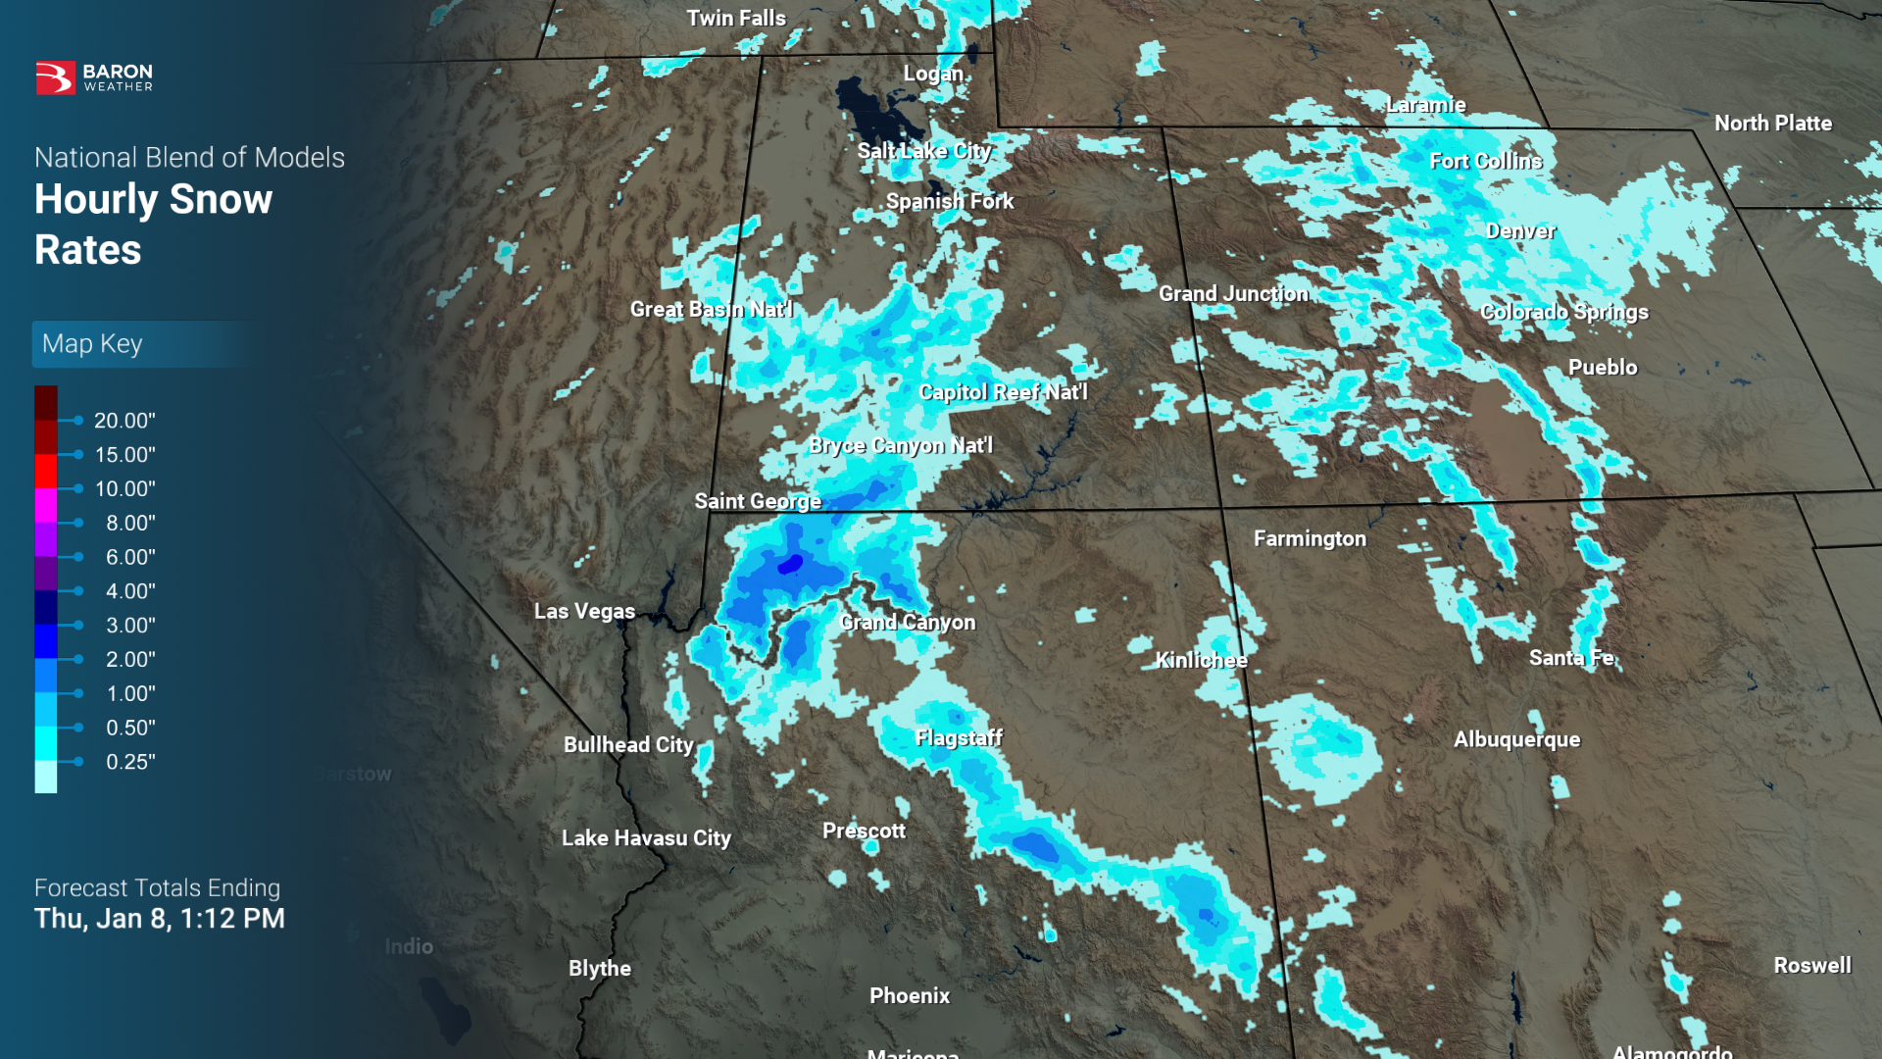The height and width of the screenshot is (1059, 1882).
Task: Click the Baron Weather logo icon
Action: click(55, 77)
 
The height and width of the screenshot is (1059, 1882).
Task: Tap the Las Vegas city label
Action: click(584, 611)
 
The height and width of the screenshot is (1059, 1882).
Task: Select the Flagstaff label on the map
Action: click(958, 737)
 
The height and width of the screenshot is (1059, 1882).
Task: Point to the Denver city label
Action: click(1520, 231)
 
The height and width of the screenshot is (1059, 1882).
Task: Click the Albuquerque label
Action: click(1516, 739)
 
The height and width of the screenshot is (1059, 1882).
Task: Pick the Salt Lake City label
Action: click(923, 151)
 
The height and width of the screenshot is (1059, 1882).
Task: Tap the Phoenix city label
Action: click(909, 996)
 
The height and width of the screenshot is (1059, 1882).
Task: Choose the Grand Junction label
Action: click(1233, 294)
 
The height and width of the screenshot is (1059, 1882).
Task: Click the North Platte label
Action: click(1772, 124)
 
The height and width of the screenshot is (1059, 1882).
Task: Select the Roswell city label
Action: click(1811, 966)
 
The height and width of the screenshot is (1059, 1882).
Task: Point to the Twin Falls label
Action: click(735, 19)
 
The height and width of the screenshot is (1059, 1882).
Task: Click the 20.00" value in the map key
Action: click(124, 421)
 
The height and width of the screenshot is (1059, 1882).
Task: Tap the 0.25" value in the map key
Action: click(130, 762)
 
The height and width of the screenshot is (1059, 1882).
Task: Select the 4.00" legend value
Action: click(130, 591)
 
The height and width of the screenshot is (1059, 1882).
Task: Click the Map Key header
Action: click(92, 344)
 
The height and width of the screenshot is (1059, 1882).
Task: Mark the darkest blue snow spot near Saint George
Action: click(790, 564)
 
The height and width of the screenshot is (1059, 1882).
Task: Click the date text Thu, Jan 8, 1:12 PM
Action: click(160, 919)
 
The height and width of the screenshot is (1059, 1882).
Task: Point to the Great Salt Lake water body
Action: click(872, 113)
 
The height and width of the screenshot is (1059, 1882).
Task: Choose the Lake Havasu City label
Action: click(646, 838)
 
